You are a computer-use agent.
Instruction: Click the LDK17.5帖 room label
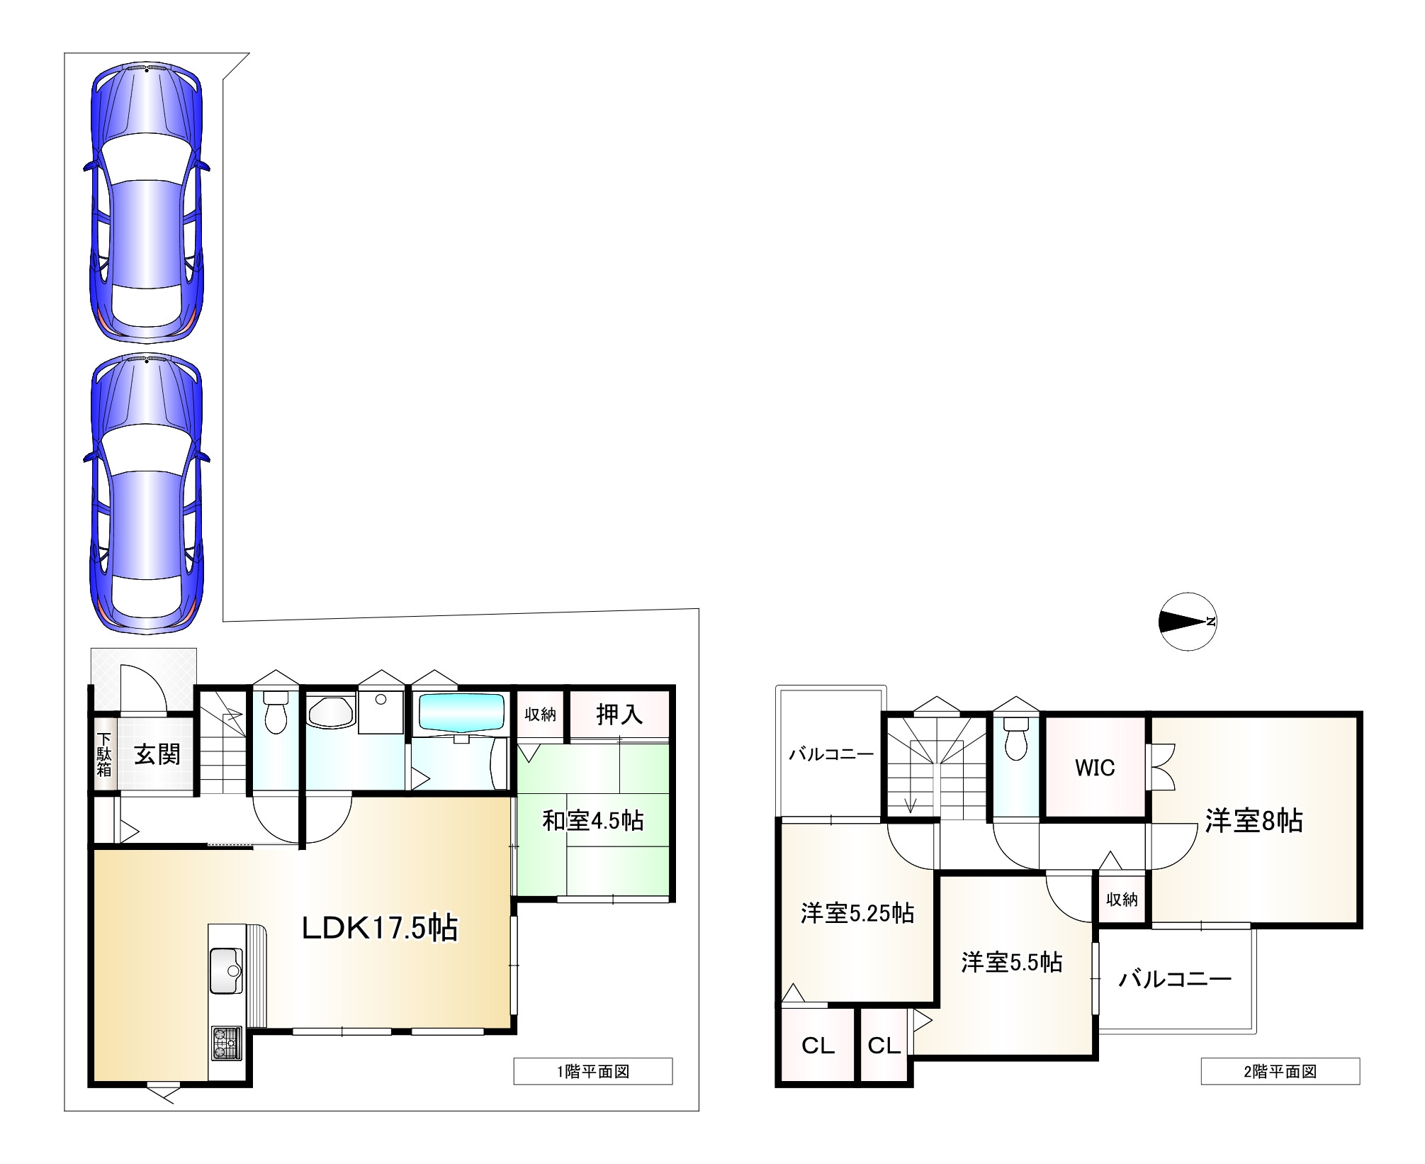380,928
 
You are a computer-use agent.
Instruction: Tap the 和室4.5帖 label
593,820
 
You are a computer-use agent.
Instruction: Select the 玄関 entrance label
157,754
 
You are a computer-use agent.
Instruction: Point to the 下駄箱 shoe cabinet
104,756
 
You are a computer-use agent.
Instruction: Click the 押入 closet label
619,715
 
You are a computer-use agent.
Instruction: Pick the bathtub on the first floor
461,714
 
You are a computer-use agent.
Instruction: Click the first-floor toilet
276,712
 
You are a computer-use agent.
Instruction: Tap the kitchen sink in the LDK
226,970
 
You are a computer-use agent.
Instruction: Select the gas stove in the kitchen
226,1043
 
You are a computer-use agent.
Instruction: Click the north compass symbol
1188,622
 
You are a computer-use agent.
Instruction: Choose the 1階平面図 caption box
593,1072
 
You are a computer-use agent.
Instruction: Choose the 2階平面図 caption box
1280,1072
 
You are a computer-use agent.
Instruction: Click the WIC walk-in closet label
1095,768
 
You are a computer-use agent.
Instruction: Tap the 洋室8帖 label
1254,821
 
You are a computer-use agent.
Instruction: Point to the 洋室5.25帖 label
857,913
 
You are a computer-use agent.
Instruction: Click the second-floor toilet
1016,739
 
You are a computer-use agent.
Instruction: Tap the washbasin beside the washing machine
330,712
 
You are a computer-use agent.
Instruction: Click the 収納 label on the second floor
1122,899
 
